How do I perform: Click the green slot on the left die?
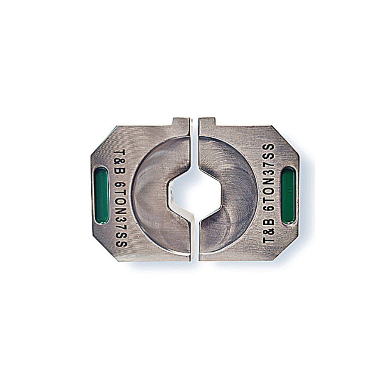tap(102, 195)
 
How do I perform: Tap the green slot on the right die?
tap(288, 195)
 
